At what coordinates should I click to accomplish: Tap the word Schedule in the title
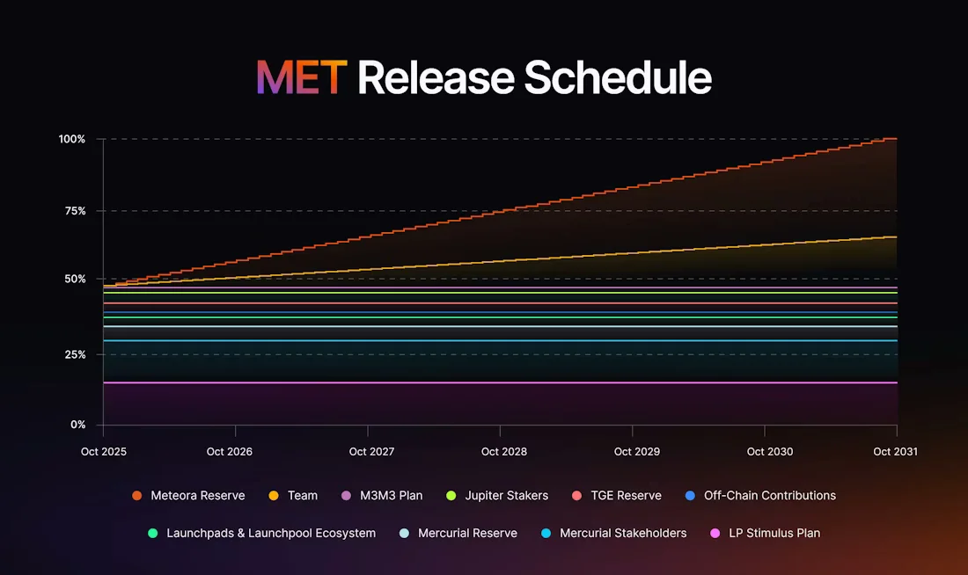click(x=618, y=78)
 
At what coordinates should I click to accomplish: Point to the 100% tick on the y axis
click(x=72, y=139)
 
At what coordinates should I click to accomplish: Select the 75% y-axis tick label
click(x=74, y=211)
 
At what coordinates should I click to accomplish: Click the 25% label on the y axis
click(x=74, y=354)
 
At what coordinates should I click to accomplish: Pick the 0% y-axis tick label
click(x=77, y=425)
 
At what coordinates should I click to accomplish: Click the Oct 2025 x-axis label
click(x=103, y=451)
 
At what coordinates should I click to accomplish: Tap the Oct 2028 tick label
click(x=504, y=451)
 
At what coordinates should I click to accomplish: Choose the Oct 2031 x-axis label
click(x=895, y=451)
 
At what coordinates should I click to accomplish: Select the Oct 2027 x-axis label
click(x=371, y=451)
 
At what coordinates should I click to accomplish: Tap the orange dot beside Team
click(x=273, y=496)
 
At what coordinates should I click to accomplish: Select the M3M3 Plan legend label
click(x=391, y=496)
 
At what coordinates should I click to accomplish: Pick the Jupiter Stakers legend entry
click(x=506, y=496)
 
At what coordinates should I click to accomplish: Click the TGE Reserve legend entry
click(x=626, y=496)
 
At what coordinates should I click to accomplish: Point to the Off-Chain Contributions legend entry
click(x=769, y=496)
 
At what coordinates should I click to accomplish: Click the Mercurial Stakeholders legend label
click(x=623, y=533)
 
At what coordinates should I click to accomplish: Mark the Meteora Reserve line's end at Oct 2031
click(x=896, y=139)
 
